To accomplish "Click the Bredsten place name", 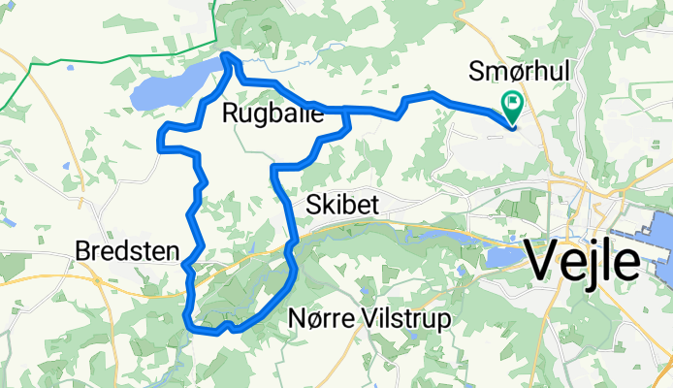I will (127, 252).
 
